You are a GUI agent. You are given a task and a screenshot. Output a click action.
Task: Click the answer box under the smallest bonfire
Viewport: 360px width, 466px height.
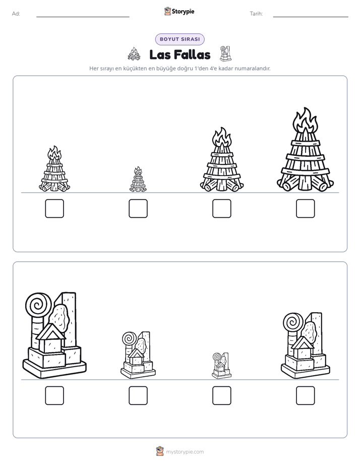tap(138, 208)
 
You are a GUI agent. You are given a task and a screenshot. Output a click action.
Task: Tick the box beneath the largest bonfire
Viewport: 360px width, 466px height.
tap(306, 208)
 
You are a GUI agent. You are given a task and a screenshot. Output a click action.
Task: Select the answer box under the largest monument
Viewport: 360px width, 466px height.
tap(54, 395)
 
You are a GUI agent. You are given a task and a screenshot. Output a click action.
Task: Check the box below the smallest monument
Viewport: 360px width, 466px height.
tap(221, 395)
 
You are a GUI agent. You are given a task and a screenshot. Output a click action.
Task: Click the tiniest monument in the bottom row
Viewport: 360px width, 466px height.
tap(221, 366)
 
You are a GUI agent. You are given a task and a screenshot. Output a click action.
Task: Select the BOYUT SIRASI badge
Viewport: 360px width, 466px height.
tap(179, 39)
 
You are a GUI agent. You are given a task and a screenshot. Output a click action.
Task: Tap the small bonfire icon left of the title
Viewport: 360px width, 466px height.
tap(134, 54)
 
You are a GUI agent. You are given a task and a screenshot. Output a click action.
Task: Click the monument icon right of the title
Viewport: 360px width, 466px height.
tap(225, 54)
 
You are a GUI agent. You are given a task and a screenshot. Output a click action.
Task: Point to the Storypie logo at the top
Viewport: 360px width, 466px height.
tap(179, 12)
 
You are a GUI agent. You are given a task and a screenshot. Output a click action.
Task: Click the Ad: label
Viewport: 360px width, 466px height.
tap(16, 14)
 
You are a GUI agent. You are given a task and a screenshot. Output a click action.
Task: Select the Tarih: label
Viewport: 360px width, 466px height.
tap(256, 14)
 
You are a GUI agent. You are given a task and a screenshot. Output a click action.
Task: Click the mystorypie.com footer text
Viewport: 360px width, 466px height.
tap(185, 452)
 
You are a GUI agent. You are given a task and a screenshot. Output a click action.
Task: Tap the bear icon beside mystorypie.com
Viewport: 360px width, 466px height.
tap(160, 451)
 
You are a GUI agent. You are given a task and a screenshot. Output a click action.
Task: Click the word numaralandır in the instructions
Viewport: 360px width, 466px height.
tap(253, 69)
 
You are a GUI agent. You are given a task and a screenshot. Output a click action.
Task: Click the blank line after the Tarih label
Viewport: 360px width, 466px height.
tap(311, 17)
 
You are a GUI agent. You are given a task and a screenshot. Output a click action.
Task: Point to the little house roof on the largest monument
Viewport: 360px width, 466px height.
tap(50, 332)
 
